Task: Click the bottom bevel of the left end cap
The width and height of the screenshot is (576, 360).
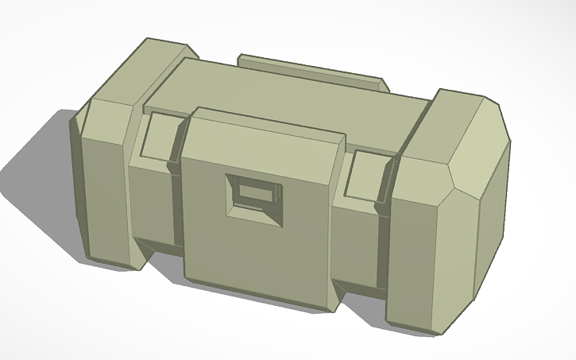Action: point(111,262)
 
